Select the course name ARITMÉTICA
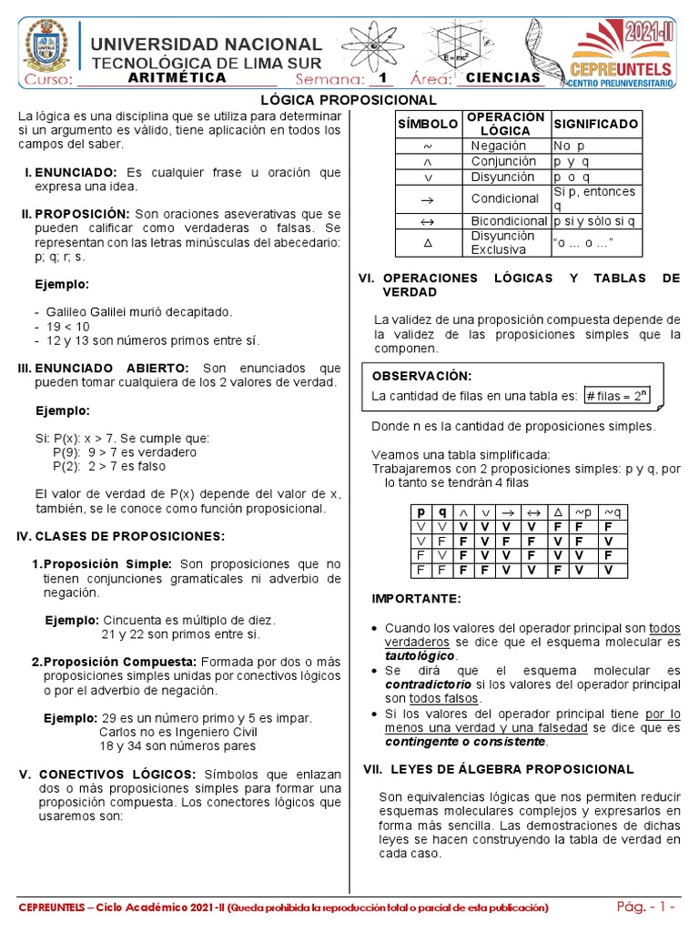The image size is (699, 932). (177, 78)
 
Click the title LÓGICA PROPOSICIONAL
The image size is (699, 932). (349, 99)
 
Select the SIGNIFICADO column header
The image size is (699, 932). (595, 124)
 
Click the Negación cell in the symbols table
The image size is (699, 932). (499, 146)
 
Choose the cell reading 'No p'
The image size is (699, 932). (569, 146)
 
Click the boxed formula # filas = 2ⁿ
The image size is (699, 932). (616, 395)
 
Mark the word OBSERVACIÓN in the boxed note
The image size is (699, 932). (421, 376)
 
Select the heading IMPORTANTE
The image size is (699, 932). (416, 598)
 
